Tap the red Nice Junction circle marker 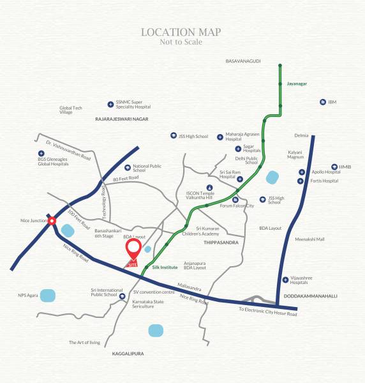(52, 221)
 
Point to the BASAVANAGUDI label (244, 61)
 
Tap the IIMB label (345, 165)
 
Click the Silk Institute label (165, 266)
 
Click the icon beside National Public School (127, 167)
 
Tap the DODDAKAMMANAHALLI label (311, 297)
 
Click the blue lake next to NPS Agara (48, 295)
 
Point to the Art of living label (85, 343)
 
